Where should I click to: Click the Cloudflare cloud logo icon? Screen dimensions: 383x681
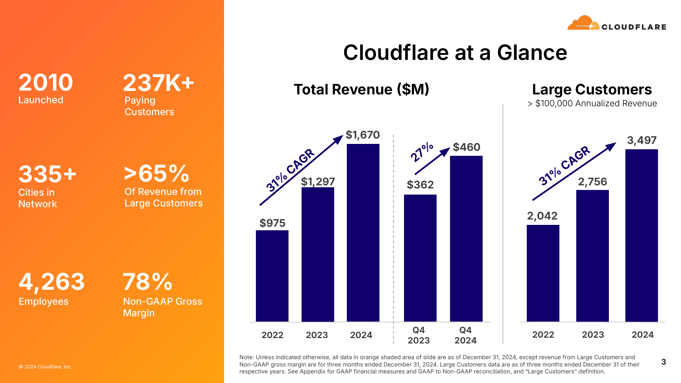click(583, 23)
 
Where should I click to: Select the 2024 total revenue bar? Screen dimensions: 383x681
click(363, 233)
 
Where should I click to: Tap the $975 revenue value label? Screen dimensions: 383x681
click(272, 223)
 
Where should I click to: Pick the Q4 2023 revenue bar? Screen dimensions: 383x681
click(420, 258)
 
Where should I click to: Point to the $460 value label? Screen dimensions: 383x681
click(467, 147)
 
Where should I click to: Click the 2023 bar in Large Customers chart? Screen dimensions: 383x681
click(592, 256)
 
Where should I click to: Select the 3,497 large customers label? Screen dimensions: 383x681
click(641, 140)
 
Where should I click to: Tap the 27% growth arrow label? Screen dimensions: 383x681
click(422, 152)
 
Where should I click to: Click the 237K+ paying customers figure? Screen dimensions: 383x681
click(158, 83)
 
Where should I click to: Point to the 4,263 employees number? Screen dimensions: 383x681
click(52, 282)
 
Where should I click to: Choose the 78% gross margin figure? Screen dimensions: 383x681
click(148, 282)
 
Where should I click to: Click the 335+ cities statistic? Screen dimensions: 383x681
click(48, 174)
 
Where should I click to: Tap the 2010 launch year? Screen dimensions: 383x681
click(46, 83)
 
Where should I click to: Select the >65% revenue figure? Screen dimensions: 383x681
click(157, 173)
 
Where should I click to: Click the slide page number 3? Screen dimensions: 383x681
click(663, 362)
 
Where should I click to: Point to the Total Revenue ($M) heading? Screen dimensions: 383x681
click(361, 89)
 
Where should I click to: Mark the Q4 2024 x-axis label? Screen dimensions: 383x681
click(465, 335)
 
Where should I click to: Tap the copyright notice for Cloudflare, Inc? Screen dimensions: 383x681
click(45, 367)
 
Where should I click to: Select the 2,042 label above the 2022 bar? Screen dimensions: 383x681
click(542, 216)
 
